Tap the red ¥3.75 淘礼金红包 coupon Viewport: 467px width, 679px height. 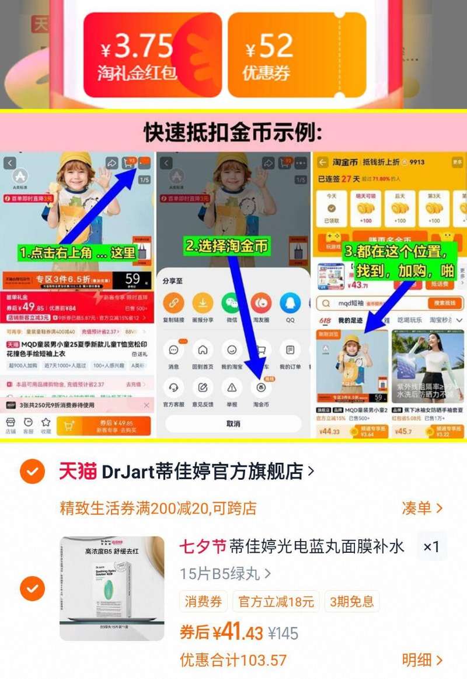pyautogui.click(x=152, y=55)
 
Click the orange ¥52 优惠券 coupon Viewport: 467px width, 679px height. pyautogui.click(x=297, y=55)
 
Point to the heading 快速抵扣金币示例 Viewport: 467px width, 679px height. pyautogui.click(x=233, y=133)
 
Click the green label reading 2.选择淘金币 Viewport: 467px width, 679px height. pyautogui.click(x=227, y=246)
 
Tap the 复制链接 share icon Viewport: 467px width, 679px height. pyautogui.click(x=173, y=303)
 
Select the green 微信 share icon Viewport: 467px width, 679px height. pyautogui.click(x=232, y=303)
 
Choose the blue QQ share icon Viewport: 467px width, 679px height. pyautogui.click(x=290, y=303)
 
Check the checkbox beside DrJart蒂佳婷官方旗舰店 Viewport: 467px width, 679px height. pyautogui.click(x=32, y=471)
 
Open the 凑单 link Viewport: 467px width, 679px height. pyautogui.click(x=422, y=508)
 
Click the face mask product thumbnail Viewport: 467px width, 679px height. pyautogui.click(x=112, y=588)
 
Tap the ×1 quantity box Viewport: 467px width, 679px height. pyautogui.click(x=431, y=547)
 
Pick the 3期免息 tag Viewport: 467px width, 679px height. pyautogui.click(x=352, y=601)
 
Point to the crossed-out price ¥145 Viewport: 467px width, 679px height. pyautogui.click(x=283, y=633)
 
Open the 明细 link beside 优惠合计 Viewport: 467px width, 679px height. pyautogui.click(x=422, y=660)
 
